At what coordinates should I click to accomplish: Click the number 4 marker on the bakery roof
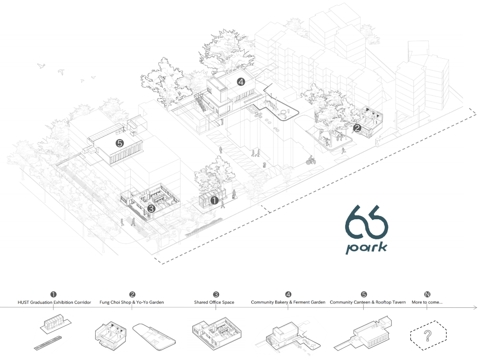pyautogui.click(x=241, y=82)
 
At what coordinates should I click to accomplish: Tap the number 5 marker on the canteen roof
pyautogui.click(x=119, y=144)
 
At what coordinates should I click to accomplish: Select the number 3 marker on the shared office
pyautogui.click(x=151, y=209)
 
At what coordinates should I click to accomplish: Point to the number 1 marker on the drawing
pyautogui.click(x=214, y=201)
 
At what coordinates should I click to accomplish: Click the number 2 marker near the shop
pyautogui.click(x=357, y=128)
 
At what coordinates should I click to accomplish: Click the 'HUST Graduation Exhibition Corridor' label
pyautogui.click(x=54, y=302)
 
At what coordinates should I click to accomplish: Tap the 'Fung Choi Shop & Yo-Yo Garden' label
pyautogui.click(x=131, y=302)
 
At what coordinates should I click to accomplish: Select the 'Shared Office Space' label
pyautogui.click(x=214, y=302)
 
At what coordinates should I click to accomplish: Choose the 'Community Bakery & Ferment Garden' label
pyautogui.click(x=288, y=302)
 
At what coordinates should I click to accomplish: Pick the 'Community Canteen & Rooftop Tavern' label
pyautogui.click(x=368, y=302)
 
